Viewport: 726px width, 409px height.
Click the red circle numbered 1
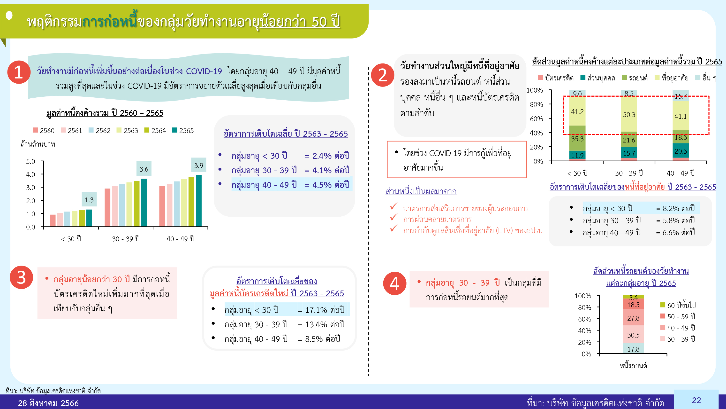pos(19,72)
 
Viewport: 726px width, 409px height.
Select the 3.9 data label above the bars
pos(199,165)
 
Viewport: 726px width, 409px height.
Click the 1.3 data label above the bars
pos(89,200)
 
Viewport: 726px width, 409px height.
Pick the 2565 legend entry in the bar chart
pos(183,130)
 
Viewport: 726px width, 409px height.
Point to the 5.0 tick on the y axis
pos(30,161)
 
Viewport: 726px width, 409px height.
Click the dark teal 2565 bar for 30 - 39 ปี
pos(144,202)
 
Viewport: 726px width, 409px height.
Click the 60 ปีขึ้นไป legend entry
pos(678,305)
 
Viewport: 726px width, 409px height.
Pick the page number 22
pos(696,400)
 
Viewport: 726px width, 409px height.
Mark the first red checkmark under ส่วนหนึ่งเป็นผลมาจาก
pos(394,206)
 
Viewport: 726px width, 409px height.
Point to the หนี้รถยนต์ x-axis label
pos(633,366)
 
